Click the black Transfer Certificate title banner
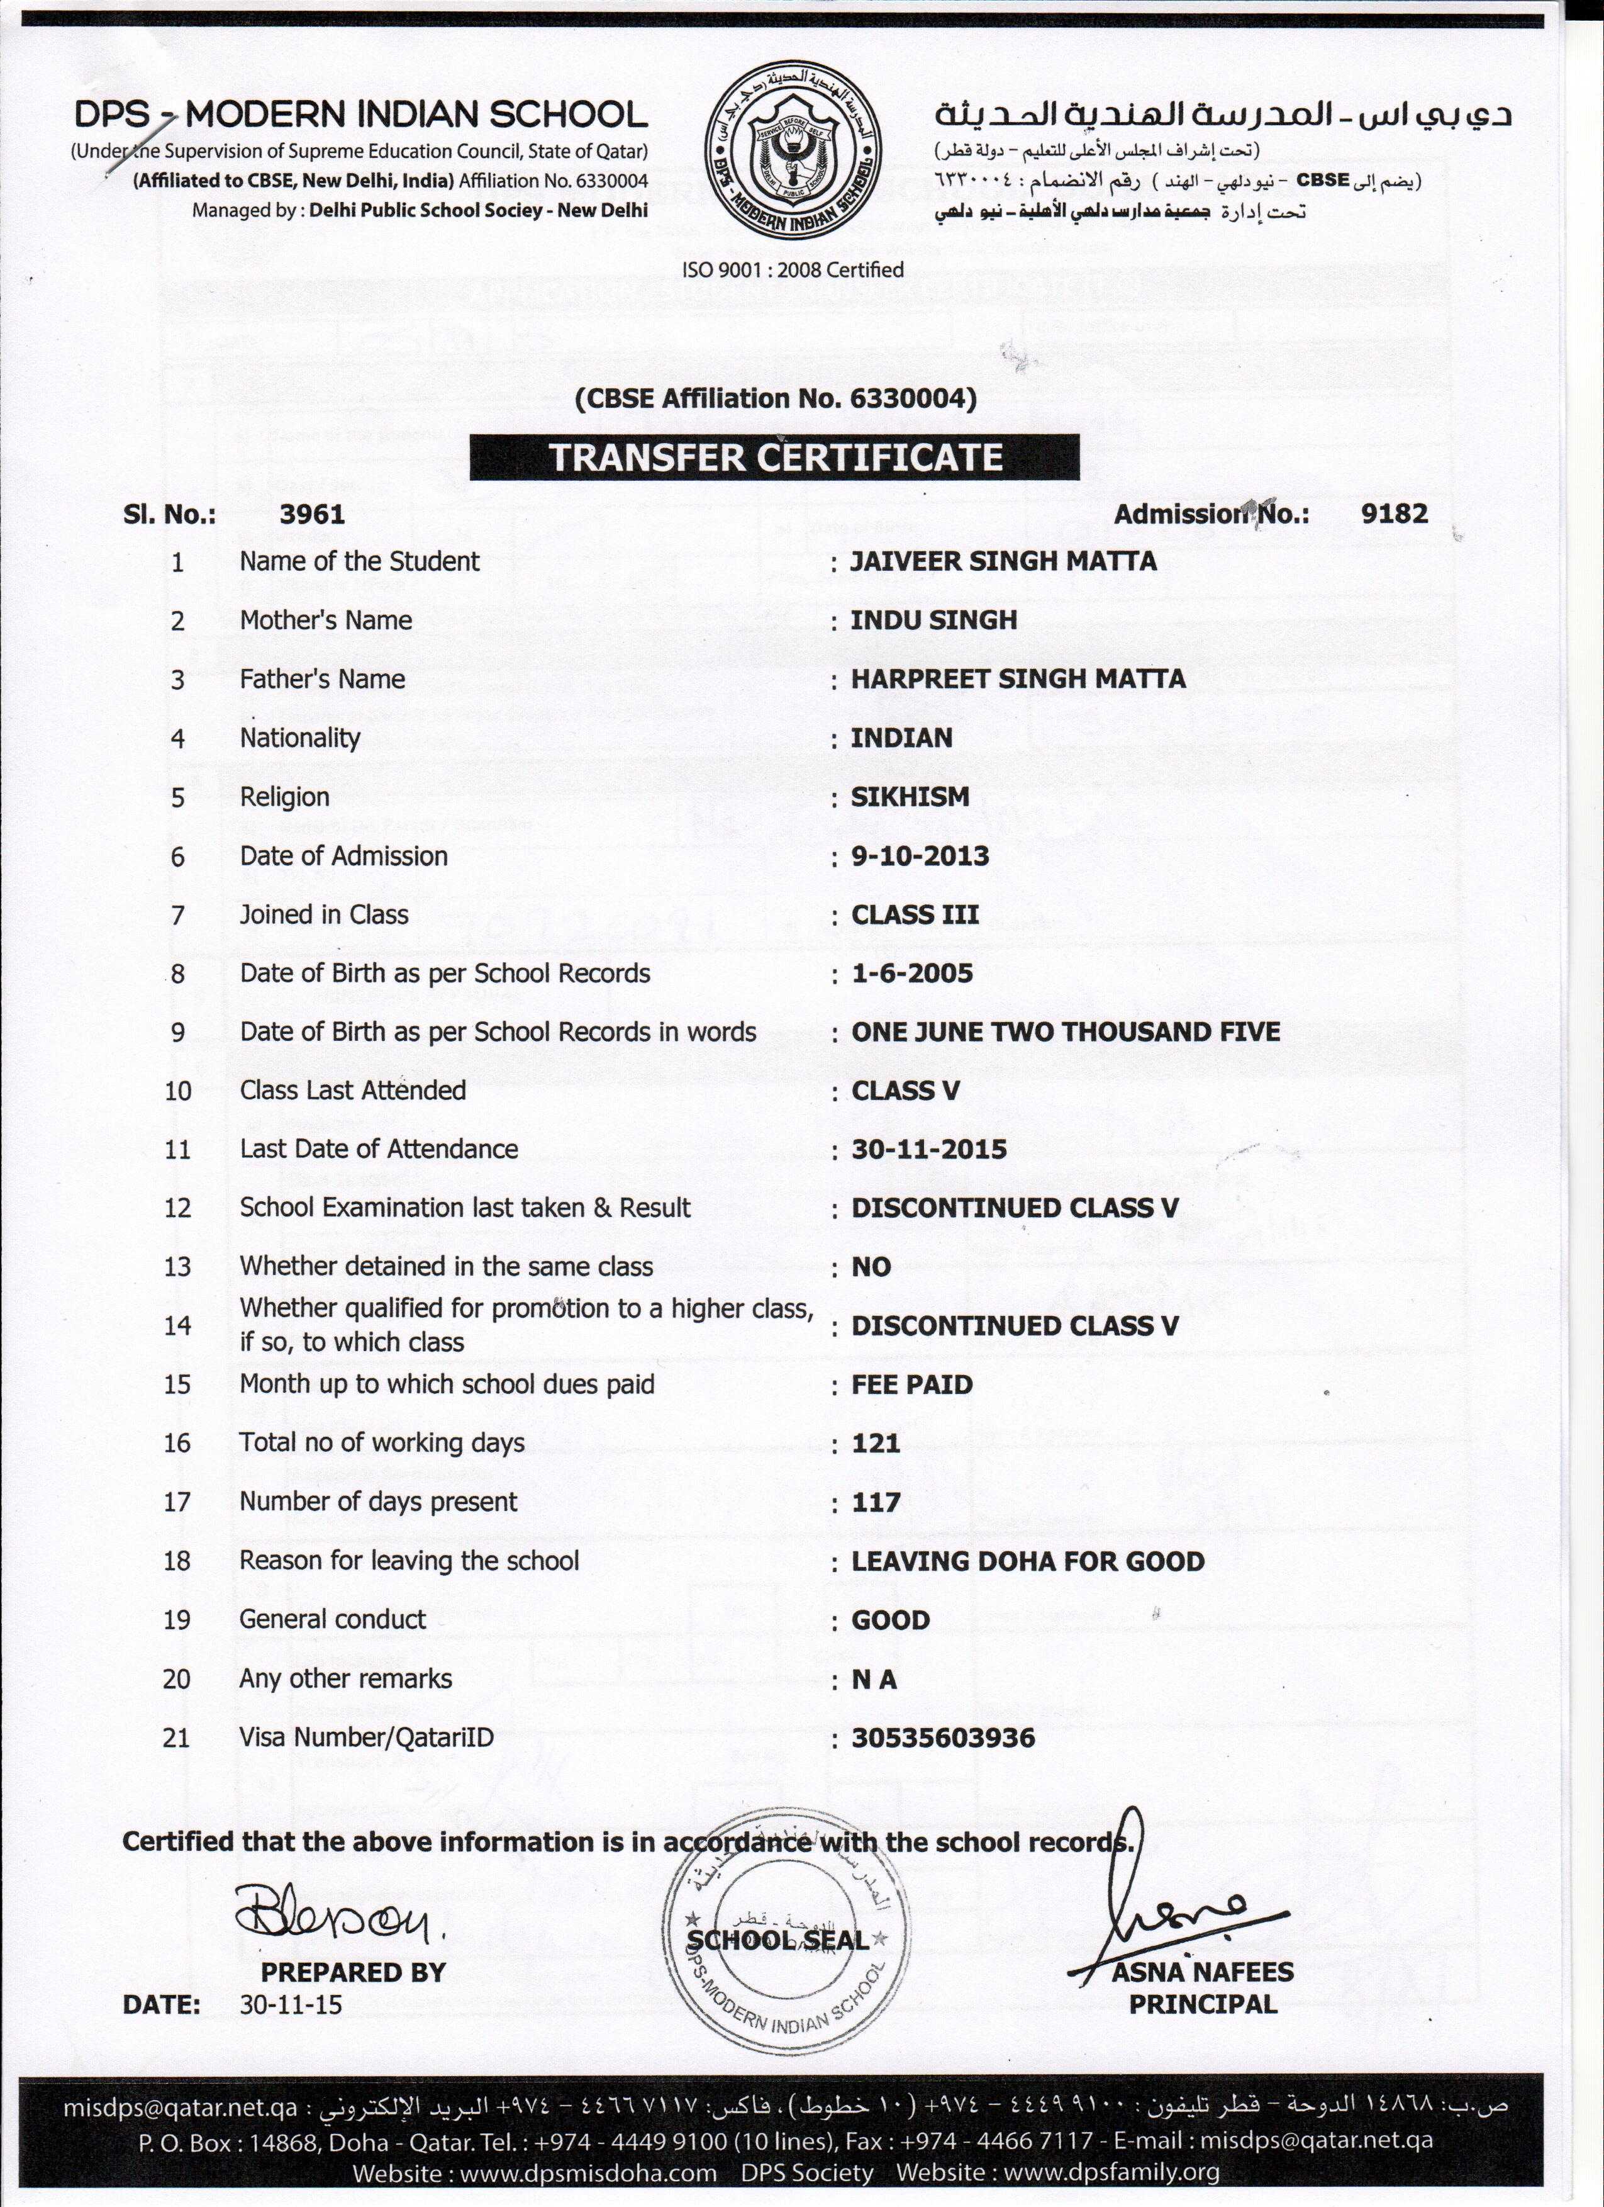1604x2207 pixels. pos(774,458)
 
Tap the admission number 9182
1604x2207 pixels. pos(1394,514)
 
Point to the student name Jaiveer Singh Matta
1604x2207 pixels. pos(1003,561)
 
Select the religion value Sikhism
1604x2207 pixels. pos(910,797)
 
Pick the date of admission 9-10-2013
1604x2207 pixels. pos(919,856)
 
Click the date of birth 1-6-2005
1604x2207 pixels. pos(911,973)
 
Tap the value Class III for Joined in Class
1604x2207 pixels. pos(915,915)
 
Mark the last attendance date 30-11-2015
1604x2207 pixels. pos(929,1149)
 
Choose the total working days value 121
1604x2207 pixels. pos(876,1443)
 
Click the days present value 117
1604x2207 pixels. pos(876,1502)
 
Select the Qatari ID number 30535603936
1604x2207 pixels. pos(942,1738)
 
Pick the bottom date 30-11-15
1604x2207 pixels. pos(290,2004)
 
